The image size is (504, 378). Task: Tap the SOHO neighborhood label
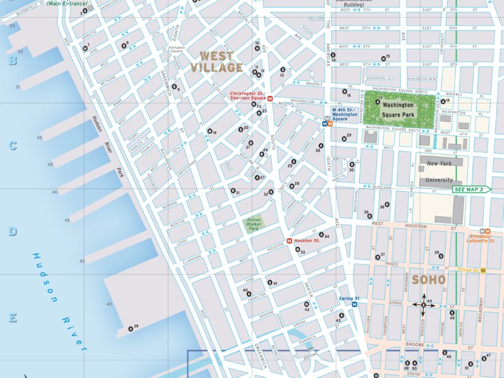428,280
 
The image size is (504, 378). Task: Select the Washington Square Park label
398,109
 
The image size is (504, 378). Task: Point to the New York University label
439,171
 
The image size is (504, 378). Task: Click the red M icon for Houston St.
290,241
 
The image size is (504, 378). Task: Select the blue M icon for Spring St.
355,305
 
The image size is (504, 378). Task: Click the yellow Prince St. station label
469,270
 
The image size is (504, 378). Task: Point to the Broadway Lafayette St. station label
481,238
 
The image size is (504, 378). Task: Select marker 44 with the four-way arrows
424,305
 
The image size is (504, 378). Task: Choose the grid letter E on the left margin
12,318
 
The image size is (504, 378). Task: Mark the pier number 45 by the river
68,220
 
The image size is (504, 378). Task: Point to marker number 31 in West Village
234,191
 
